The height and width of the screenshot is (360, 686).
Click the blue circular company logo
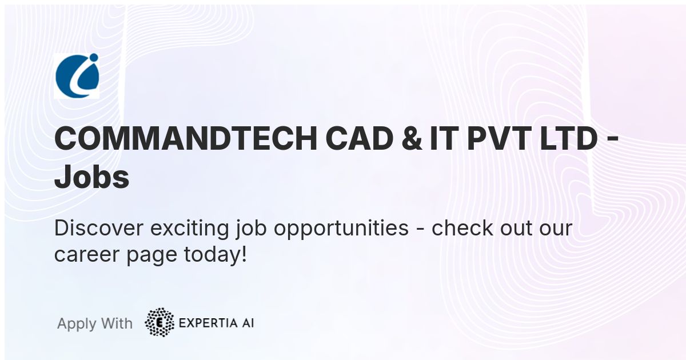pos(77,75)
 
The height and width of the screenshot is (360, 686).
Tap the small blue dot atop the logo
pos(93,57)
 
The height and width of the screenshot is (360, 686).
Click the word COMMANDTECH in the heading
pos(186,139)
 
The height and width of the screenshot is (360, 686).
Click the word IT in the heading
pos(444,139)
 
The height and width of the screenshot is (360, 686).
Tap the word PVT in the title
pos(499,139)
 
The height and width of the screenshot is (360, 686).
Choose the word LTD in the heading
pos(569,139)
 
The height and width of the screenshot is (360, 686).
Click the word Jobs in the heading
pos(91,177)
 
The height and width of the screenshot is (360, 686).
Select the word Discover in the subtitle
pos(98,228)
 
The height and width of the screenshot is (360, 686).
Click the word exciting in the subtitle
pos(190,229)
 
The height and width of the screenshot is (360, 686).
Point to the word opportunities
pos(341,229)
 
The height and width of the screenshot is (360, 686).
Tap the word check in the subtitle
pos(462,228)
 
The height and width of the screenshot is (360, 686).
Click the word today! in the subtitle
pos(216,255)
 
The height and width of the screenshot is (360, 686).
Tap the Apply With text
pos(95,323)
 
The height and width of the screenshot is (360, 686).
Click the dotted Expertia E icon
pos(159,322)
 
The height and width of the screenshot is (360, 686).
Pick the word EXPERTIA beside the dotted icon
pos(208,323)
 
